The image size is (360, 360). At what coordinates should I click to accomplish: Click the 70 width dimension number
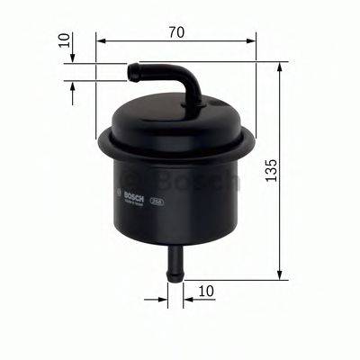point(175,32)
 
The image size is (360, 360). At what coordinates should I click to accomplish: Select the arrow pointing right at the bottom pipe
point(163,292)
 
